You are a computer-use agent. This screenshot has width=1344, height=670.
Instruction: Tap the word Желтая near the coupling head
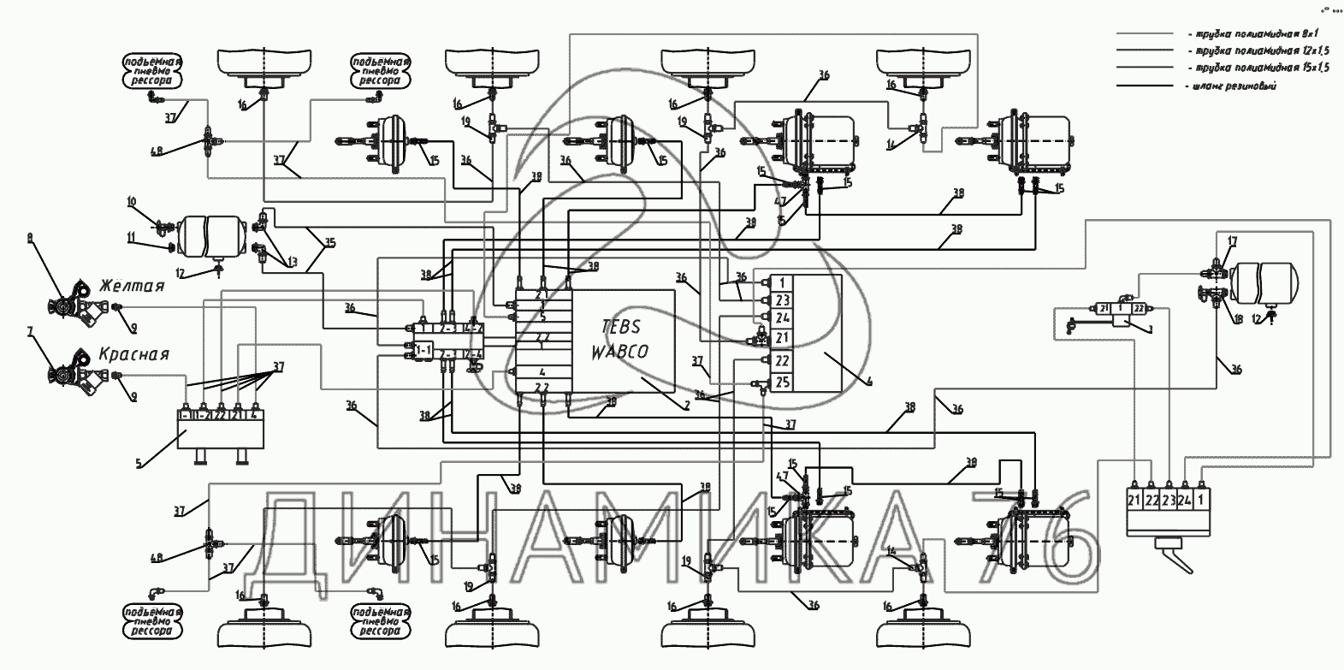pos(131,285)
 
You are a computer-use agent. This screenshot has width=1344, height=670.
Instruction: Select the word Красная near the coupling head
pos(134,353)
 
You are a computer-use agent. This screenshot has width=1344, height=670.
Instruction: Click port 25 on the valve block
pos(781,382)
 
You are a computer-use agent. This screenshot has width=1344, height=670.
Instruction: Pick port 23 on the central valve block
pos(781,299)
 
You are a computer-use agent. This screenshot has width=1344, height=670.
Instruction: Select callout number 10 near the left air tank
pos(131,202)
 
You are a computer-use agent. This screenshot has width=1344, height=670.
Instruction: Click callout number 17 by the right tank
pos(1231,241)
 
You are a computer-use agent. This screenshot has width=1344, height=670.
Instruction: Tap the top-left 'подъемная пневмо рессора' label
pos(152,72)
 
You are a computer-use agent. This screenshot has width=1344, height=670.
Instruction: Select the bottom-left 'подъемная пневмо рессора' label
pos(152,621)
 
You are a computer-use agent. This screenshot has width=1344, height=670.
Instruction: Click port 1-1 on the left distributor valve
pos(422,351)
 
